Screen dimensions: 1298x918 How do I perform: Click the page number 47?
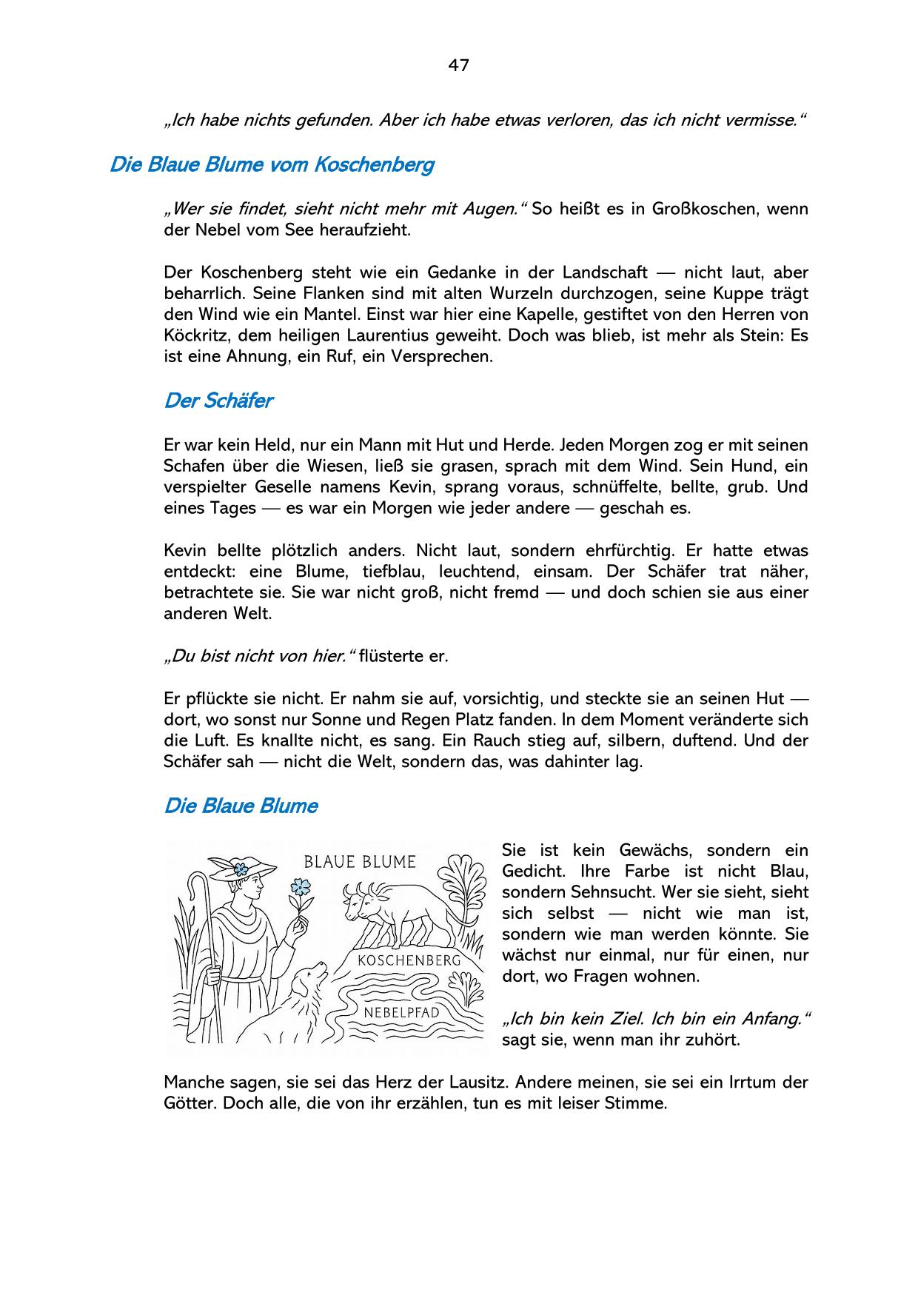458,65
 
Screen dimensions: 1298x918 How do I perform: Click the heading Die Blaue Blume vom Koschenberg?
271,164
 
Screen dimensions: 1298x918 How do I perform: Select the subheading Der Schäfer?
218,401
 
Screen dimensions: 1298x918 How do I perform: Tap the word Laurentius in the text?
384,335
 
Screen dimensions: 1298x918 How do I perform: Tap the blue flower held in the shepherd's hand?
301,886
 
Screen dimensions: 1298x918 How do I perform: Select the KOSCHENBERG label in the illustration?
409,960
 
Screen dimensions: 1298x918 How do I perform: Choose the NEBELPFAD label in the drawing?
402,1011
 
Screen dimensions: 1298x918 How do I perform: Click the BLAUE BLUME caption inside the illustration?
360,862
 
